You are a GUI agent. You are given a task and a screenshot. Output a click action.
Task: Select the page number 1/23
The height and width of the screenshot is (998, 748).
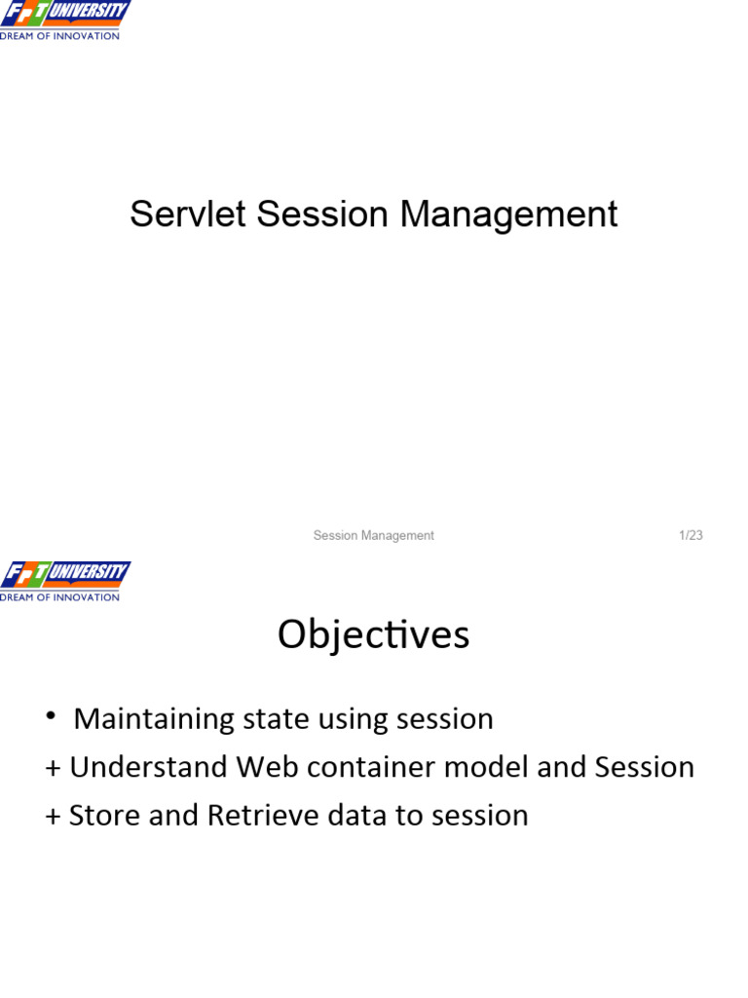(691, 535)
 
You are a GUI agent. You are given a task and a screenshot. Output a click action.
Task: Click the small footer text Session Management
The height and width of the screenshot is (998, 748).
(373, 535)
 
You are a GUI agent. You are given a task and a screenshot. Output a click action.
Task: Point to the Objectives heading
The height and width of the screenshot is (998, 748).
(373, 635)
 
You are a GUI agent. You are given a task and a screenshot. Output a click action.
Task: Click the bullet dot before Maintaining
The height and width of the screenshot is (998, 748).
(50, 717)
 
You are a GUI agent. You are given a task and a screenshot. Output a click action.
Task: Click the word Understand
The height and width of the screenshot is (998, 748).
(148, 767)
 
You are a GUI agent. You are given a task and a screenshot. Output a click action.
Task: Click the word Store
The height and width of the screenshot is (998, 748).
(95, 815)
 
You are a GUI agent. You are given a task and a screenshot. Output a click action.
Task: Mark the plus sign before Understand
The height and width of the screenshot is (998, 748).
(53, 768)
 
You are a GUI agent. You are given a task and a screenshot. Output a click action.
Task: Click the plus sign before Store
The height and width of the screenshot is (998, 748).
(53, 816)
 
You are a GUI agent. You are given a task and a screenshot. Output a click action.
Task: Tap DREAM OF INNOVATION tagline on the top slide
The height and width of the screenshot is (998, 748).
(60, 36)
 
